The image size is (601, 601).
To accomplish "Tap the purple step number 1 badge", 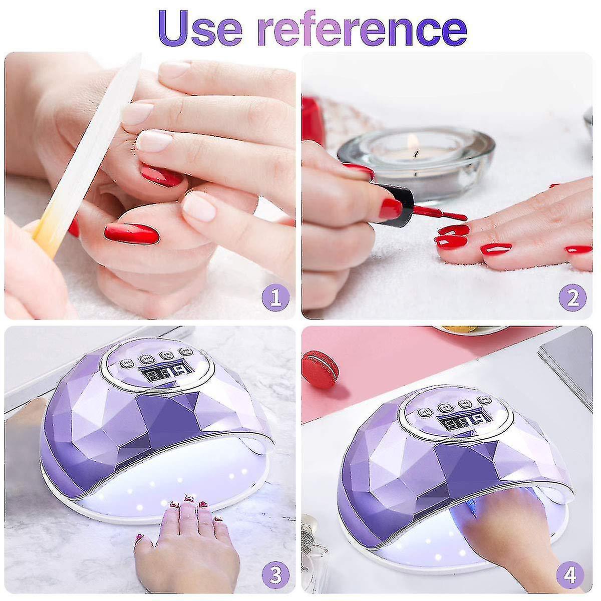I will point(275,298).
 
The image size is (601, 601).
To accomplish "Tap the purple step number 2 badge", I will point(572,298).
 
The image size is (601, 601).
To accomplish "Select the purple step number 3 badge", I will point(275,573).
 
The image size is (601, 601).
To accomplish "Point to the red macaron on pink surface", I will point(321,370).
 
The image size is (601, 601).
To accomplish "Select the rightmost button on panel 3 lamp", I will point(183,351).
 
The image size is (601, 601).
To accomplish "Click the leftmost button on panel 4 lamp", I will point(425,413).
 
